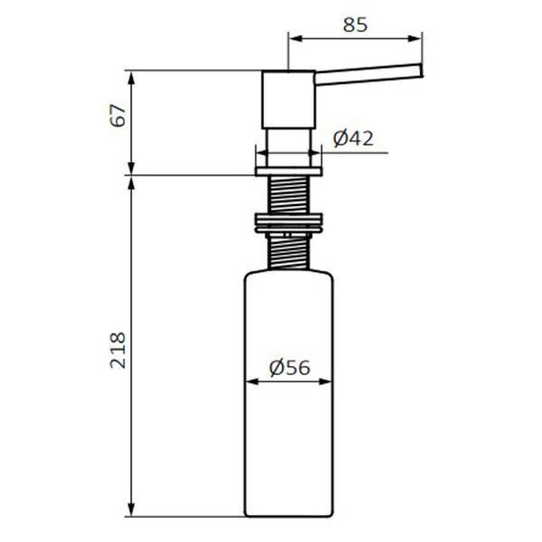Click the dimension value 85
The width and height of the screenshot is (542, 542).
point(355,25)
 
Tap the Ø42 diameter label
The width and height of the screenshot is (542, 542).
point(353,138)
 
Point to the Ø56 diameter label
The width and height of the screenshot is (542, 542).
point(289,368)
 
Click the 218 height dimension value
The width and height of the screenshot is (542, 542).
point(117,350)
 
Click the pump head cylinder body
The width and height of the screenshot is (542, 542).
point(288,99)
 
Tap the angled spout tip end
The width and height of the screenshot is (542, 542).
point(421,70)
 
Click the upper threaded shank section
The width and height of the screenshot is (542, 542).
point(288,194)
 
